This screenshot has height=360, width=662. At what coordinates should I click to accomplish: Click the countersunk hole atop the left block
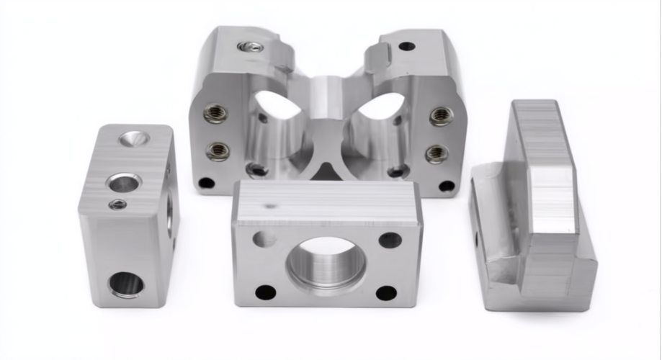click(135, 138)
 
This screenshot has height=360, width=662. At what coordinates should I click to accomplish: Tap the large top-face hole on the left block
click(123, 183)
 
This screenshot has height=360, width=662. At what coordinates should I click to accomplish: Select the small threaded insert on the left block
click(117, 204)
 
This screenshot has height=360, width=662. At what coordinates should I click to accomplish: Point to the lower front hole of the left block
click(126, 284)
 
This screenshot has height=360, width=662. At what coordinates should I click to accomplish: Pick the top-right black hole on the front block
click(390, 240)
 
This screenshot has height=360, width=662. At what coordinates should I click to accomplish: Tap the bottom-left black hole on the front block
click(265, 292)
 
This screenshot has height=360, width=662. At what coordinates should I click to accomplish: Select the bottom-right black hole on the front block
click(386, 293)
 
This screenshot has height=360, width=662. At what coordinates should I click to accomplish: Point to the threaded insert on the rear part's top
click(250, 47)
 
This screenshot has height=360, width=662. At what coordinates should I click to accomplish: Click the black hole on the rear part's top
click(407, 46)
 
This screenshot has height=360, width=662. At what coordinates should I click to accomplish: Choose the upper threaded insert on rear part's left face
click(216, 114)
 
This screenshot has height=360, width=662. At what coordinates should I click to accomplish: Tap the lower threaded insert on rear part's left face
click(218, 151)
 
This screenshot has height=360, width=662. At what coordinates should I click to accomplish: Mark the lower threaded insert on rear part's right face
click(436, 153)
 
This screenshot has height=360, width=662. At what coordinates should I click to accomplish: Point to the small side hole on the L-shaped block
click(476, 238)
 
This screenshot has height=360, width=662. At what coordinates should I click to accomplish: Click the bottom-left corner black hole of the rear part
click(207, 183)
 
